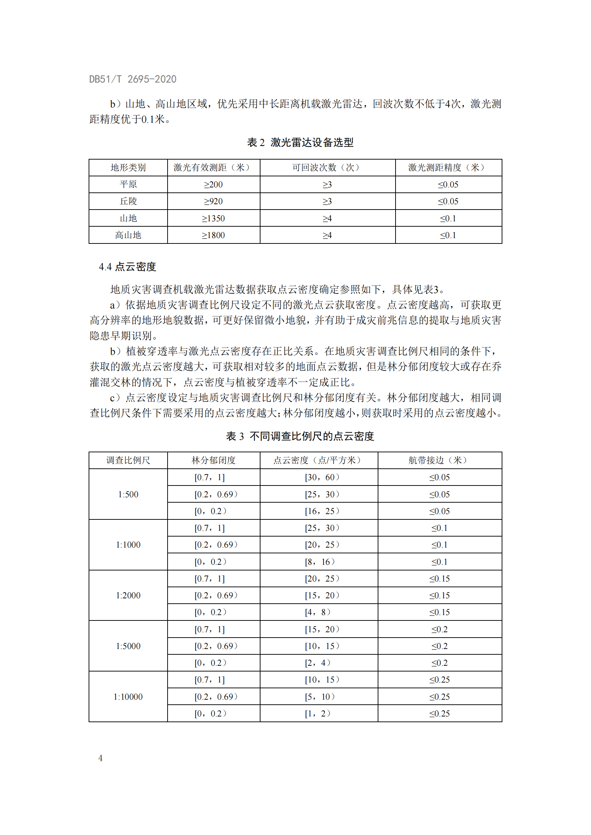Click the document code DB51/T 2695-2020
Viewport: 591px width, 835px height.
pos(133,79)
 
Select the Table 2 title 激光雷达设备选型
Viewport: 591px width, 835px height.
pos(300,142)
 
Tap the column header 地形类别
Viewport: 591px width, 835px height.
pos(128,168)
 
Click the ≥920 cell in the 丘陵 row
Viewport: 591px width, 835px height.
pos(213,201)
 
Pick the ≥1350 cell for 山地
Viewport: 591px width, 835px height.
pos(213,218)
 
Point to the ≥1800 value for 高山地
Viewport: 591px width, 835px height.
pos(213,235)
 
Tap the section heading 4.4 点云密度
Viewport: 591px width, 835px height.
pos(127,267)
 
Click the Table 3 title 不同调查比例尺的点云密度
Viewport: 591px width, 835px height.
pos(300,436)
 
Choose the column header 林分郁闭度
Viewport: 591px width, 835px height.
pos(213,461)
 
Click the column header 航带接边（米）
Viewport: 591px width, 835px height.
pos(439,461)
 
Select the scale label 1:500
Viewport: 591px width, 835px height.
pos(128,494)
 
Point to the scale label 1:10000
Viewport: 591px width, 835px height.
pos(128,697)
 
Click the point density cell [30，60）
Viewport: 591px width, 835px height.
pos(322,478)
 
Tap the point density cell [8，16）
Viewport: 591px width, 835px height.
pos(319,562)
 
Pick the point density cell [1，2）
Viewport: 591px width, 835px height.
pos(317,714)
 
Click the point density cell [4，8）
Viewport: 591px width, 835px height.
pos(317,613)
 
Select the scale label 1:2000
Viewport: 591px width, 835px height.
pos(128,595)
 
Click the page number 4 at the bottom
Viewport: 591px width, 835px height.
pos(100,758)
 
